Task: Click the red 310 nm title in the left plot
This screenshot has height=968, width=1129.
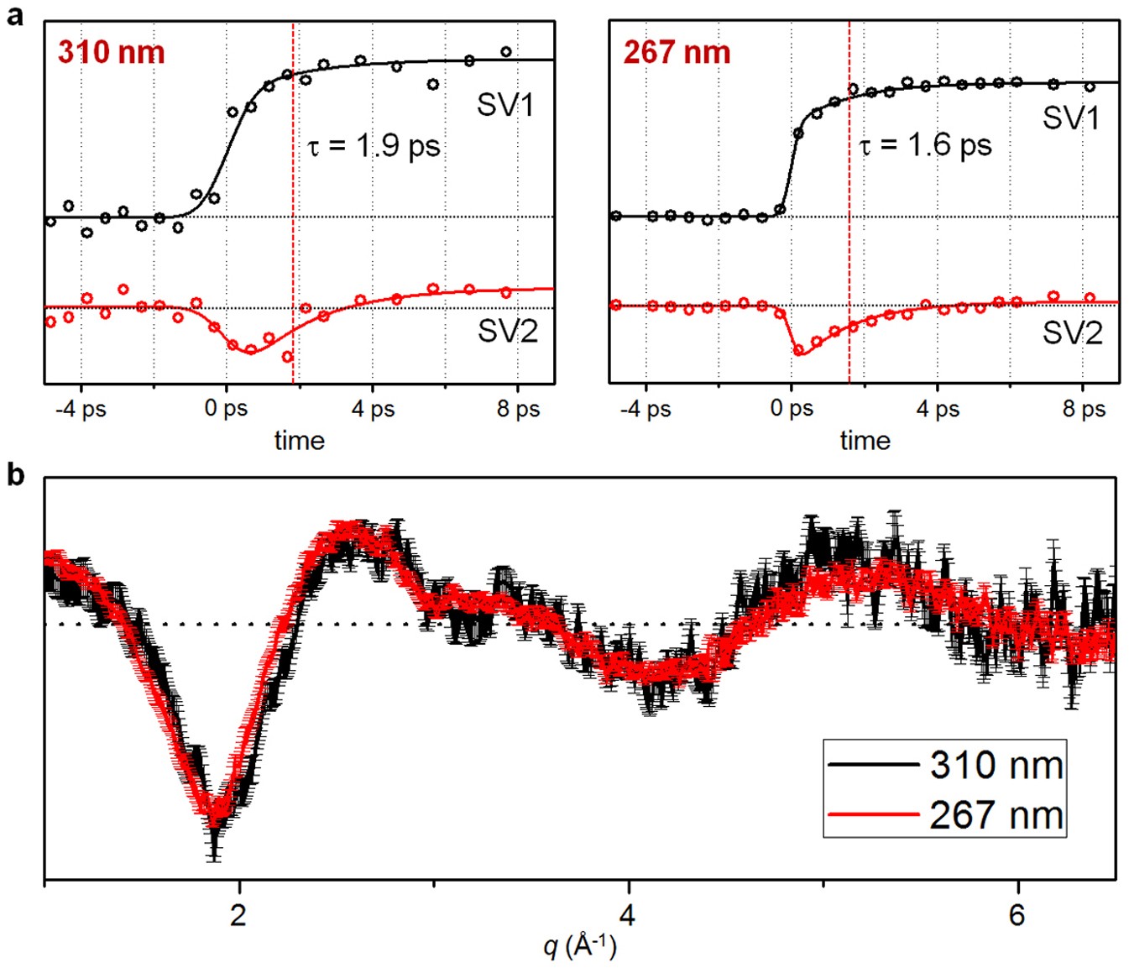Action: tap(111, 52)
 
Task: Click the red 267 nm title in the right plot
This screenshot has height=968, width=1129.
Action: tap(677, 52)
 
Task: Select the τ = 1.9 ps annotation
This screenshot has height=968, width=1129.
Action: tap(374, 146)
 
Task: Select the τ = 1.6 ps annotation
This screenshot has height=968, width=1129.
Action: tap(925, 146)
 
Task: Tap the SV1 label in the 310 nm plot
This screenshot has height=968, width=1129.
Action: tap(505, 105)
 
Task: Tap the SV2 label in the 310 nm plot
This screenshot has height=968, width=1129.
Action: tap(507, 332)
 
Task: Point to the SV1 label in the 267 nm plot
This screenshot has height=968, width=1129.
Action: tap(1071, 118)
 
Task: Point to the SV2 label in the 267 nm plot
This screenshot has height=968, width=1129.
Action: tap(1072, 333)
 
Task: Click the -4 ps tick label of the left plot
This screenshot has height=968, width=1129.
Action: tap(81, 410)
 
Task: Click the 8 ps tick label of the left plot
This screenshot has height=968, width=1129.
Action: tap(518, 410)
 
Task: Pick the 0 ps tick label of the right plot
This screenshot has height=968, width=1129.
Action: tap(792, 410)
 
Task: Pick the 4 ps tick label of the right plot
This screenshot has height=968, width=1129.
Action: tap(937, 410)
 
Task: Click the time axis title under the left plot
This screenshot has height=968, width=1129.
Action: tap(300, 441)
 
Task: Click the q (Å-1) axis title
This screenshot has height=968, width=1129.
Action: tap(580, 946)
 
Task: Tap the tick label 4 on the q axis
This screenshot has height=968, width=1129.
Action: tap(628, 914)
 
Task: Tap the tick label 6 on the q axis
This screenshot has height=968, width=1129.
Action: tap(1017, 914)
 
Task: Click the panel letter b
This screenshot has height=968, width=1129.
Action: tap(15, 475)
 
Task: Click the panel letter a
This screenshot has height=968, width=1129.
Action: tap(14, 15)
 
